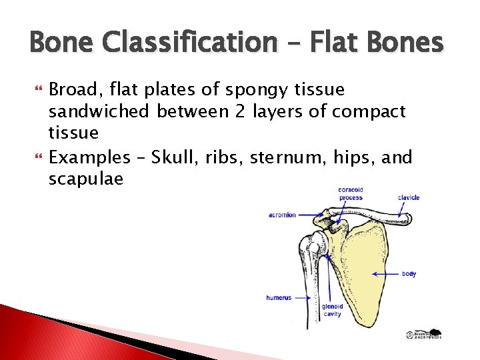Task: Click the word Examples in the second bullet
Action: pyautogui.click(x=90, y=158)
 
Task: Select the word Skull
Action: pyautogui.click(x=171, y=158)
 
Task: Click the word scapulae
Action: pyautogui.click(x=86, y=179)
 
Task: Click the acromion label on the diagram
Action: pyautogui.click(x=282, y=215)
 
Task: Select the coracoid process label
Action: pyautogui.click(x=351, y=193)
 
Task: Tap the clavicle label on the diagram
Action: pyautogui.click(x=408, y=197)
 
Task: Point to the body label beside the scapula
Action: pyautogui.click(x=409, y=274)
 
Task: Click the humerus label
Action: pyautogui.click(x=279, y=298)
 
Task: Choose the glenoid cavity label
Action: pyautogui.click(x=333, y=309)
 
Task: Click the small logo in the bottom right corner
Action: pyautogui.click(x=425, y=335)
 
